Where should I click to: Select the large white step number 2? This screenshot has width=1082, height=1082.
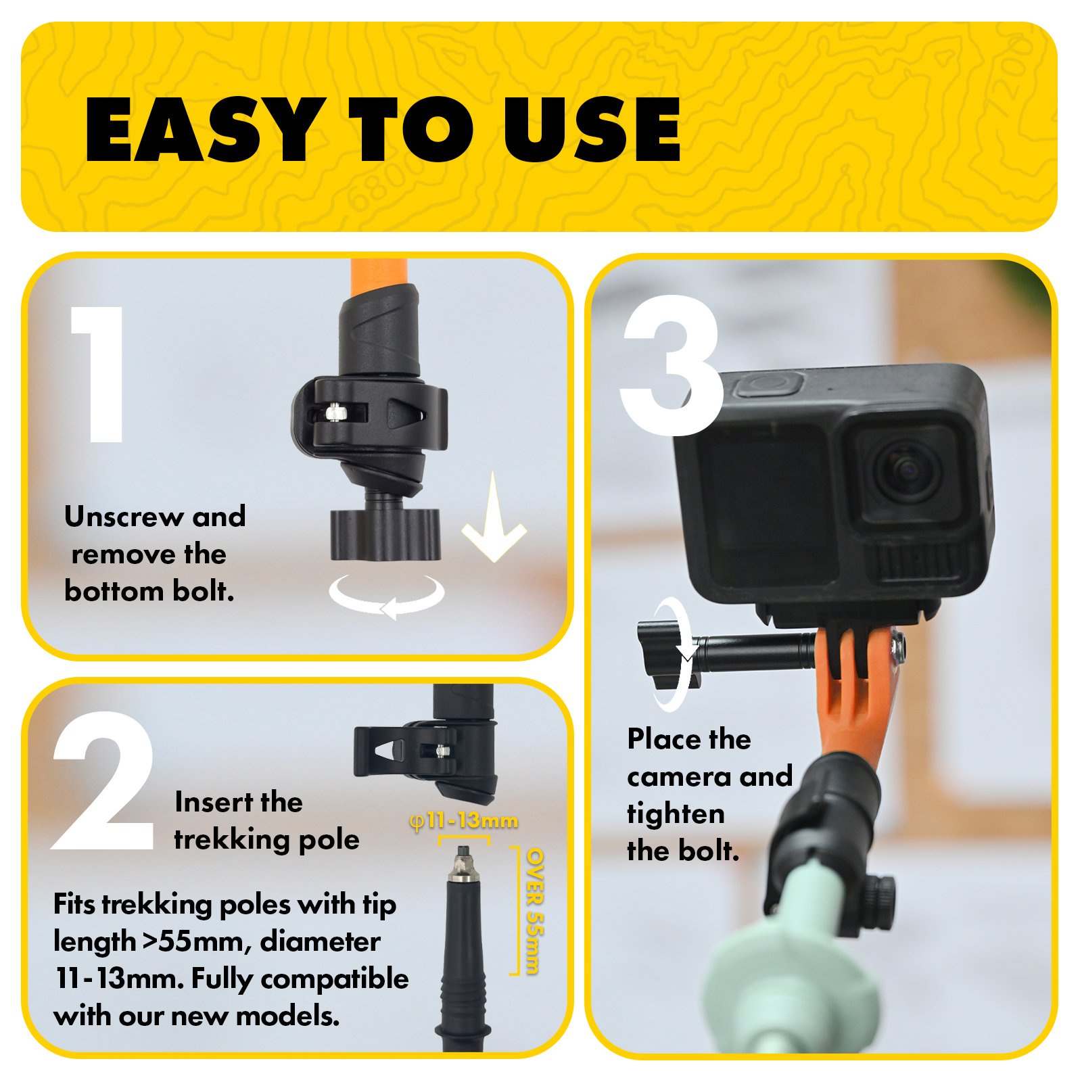coord(103,780)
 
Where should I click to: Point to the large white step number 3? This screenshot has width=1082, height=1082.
coord(672,366)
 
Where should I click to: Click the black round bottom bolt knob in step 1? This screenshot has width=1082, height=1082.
coord(385,534)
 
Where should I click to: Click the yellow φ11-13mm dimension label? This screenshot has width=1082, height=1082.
coord(464,821)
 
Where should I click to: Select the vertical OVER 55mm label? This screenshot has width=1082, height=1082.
coord(534,911)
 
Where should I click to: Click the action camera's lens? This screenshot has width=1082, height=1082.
coord(907,471)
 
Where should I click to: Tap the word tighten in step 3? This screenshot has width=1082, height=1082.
coord(676,814)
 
